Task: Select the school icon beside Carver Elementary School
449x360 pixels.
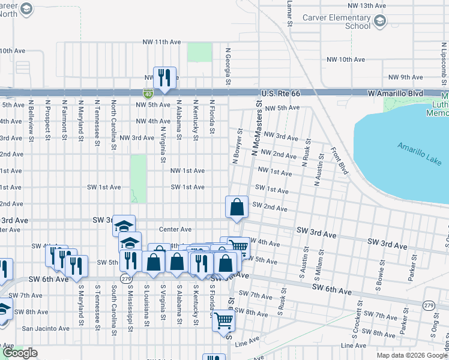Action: [380, 22]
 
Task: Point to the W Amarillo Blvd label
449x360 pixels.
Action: [396, 94]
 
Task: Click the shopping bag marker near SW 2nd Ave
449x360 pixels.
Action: [237, 207]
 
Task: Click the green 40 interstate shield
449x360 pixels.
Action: [148, 94]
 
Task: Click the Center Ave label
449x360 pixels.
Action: [175, 229]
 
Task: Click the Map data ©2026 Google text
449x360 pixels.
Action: [411, 355]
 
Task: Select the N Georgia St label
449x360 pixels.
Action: [228, 66]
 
